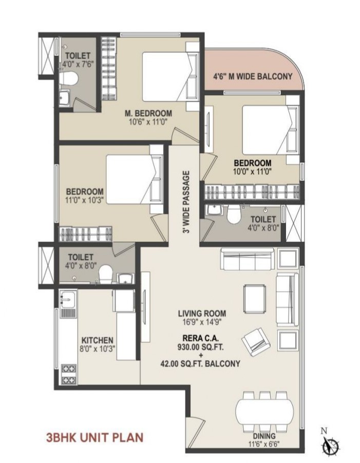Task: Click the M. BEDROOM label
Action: point(148,114)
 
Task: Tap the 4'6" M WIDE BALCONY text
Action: point(253,77)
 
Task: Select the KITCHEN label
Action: point(98,341)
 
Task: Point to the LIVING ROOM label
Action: point(202,313)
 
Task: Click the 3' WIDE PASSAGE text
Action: point(186,202)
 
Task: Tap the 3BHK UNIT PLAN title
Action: point(94,437)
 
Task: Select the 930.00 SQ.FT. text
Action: point(200,347)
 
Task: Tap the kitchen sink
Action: point(68,300)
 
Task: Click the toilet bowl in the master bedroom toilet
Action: point(68,79)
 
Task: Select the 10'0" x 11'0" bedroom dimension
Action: point(252,172)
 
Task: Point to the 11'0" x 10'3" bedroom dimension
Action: point(84,200)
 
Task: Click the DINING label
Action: point(264,436)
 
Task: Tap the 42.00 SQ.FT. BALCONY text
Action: point(200,364)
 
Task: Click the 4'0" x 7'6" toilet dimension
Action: point(78,64)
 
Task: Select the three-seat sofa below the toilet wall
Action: point(248,259)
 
